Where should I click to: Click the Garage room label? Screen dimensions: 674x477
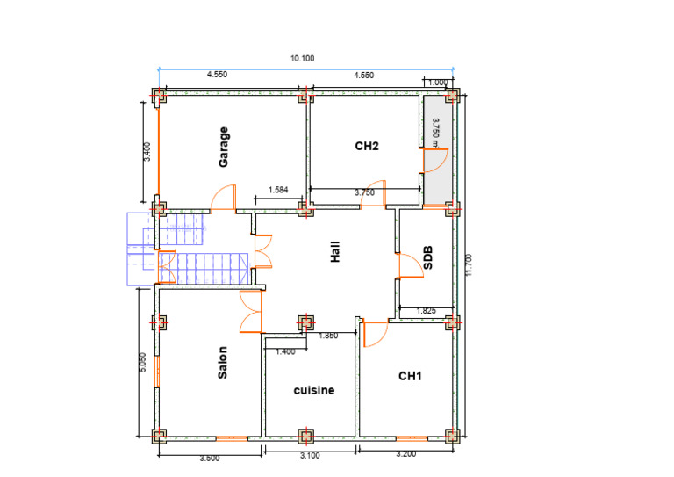(224, 147)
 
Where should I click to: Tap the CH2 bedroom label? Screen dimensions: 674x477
(367, 146)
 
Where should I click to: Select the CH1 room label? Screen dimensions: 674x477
(410, 376)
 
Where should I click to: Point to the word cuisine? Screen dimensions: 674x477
(314, 390)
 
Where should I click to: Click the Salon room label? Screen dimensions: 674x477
(222, 363)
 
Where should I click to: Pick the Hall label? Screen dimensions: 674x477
(335, 251)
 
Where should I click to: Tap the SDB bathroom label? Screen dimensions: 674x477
(427, 257)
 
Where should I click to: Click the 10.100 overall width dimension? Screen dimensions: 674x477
(302, 59)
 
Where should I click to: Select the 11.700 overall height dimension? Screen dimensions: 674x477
(469, 265)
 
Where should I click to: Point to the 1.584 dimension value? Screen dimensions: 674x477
(278, 190)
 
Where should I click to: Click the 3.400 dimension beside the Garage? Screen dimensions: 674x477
(147, 152)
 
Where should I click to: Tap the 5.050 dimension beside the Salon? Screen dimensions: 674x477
(143, 362)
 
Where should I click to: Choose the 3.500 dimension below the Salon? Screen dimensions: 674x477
(210, 459)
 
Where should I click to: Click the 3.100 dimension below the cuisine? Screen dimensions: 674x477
(310, 456)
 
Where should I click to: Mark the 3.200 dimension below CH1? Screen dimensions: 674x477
(405, 454)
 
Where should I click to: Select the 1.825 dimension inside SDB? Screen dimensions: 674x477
(426, 311)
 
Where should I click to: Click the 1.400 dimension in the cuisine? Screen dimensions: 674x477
(285, 351)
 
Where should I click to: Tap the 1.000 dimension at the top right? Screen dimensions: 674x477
(438, 83)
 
